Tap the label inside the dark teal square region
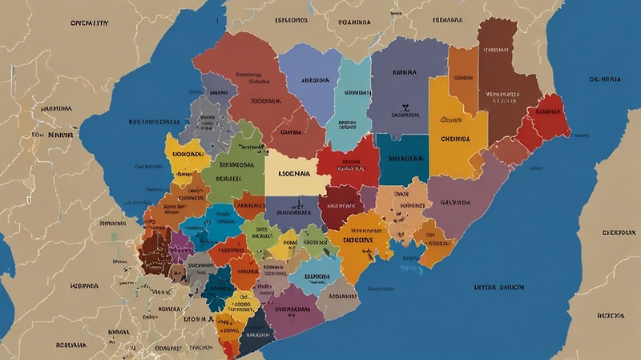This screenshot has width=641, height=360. [402, 159]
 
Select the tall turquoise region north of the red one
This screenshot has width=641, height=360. [351, 100]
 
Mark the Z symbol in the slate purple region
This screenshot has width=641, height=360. [405, 106]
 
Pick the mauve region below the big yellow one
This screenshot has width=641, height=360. [461, 200]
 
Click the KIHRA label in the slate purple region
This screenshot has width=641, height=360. [404, 72]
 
